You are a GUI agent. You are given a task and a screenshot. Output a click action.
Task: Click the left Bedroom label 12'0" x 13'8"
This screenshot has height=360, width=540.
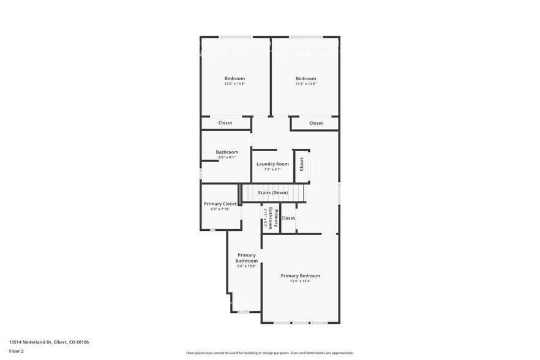[x=234, y=78]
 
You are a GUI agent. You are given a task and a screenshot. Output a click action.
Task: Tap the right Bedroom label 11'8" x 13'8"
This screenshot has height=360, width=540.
[x=306, y=78]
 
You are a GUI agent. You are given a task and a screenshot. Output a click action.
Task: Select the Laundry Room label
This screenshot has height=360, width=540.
[x=272, y=164]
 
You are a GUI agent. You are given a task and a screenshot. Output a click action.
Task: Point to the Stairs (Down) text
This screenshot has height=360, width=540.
[x=272, y=193]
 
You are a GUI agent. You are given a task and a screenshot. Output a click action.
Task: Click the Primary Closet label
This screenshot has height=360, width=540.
[x=220, y=204]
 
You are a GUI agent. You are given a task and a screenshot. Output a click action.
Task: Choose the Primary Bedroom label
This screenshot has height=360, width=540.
[x=300, y=276]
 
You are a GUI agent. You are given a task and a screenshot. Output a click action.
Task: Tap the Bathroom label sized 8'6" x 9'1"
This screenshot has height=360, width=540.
[x=227, y=152]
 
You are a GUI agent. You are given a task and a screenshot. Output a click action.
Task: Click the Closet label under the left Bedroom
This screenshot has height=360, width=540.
[x=225, y=123]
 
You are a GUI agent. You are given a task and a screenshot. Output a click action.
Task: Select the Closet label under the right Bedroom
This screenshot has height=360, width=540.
[x=316, y=123]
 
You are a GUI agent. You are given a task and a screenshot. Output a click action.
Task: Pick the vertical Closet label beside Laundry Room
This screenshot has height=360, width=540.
[x=302, y=164]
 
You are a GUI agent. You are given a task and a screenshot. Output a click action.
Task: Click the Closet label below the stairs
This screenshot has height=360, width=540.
[x=288, y=218]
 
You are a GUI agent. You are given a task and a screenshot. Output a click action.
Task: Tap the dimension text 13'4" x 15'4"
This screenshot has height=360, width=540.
[x=300, y=282]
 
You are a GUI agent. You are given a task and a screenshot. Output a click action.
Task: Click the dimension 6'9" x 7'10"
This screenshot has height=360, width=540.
[x=220, y=209]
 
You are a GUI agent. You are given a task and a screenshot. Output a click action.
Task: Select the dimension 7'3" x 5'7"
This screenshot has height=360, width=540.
[x=272, y=170]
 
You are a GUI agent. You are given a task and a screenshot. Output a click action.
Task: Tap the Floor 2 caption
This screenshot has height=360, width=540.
[x=17, y=351]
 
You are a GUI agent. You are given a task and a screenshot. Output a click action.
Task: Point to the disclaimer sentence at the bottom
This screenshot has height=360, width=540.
[x=270, y=353]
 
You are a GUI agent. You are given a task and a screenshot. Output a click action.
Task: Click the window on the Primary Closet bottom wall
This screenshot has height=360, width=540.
[x=212, y=230]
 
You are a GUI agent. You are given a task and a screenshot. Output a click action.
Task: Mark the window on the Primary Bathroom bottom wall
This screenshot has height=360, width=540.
[x=244, y=312]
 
